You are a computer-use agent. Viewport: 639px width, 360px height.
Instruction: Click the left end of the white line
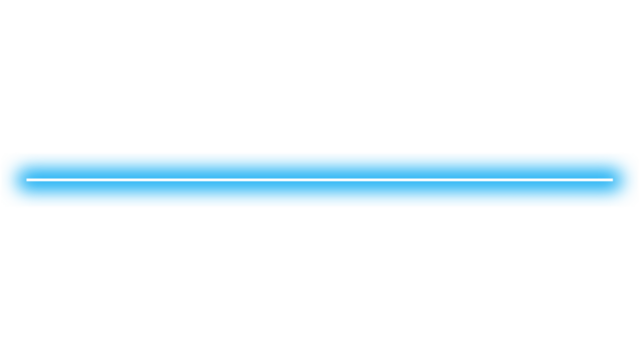tap(28, 180)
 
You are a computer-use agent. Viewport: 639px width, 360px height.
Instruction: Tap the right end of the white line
tap(611, 180)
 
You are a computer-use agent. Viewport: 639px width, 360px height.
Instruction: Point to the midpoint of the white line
tap(320, 180)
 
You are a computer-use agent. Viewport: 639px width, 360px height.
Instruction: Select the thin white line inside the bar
tap(200, 180)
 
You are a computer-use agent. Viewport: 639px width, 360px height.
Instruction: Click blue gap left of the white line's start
tap(14, 180)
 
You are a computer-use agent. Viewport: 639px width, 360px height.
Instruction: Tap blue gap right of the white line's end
tap(625, 180)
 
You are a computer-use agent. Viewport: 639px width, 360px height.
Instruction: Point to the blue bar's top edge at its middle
tap(320, 154)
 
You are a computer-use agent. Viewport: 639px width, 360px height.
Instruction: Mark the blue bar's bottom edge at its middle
tap(320, 206)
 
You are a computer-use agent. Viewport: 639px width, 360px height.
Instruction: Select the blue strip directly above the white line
tap(320, 166)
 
